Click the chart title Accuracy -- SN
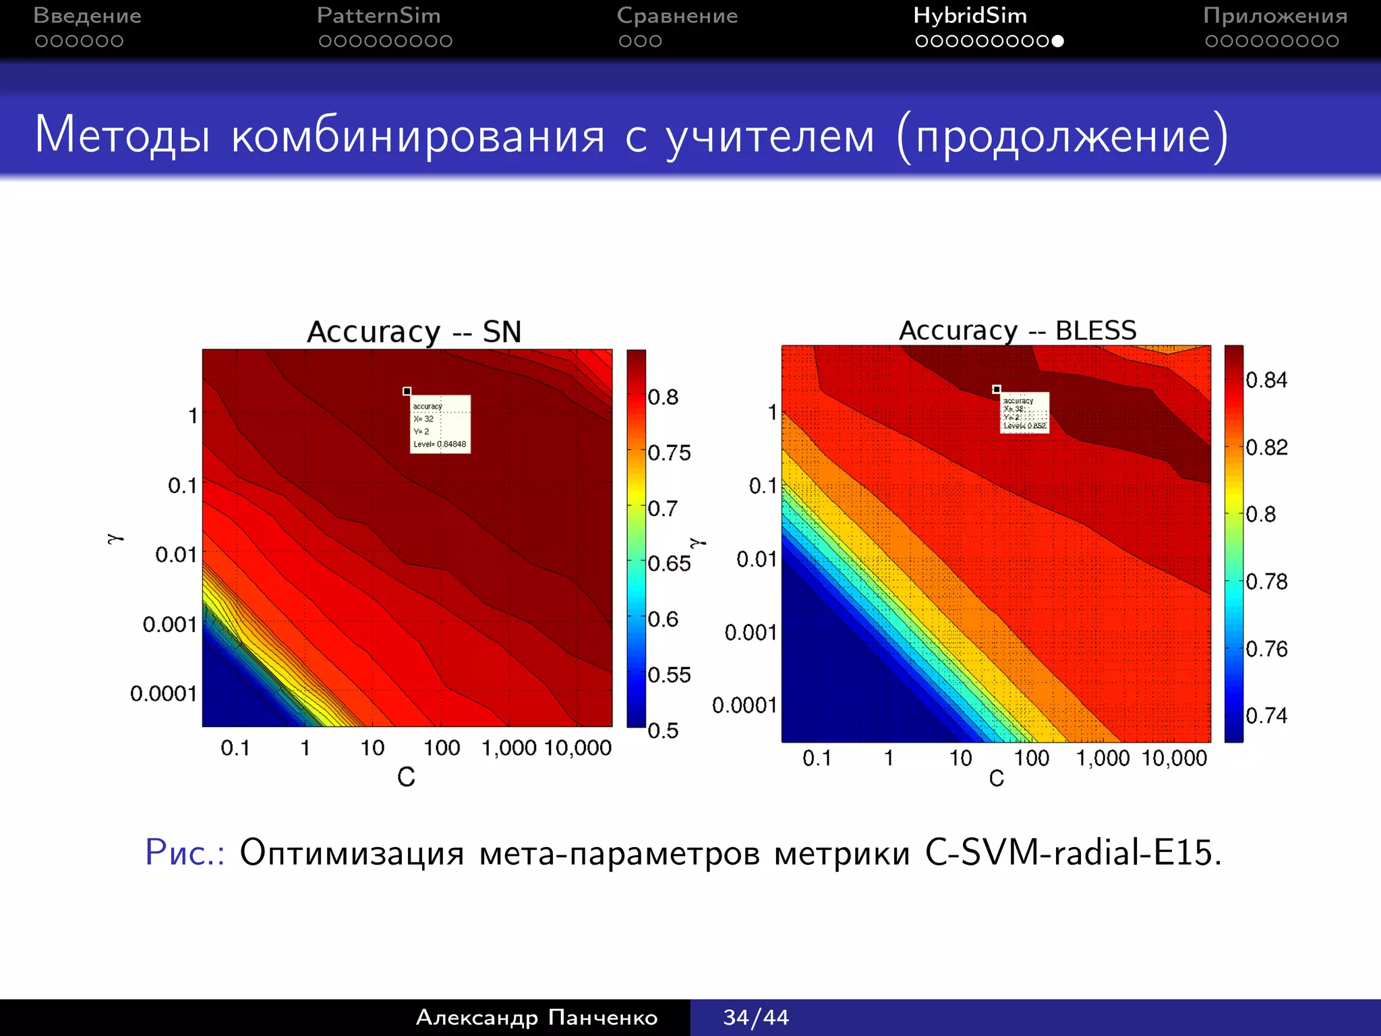[x=414, y=332]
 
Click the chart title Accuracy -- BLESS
[x=1018, y=330]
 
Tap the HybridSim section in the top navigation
[x=970, y=16]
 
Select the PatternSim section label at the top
[x=378, y=16]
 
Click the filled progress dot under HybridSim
[x=1058, y=41]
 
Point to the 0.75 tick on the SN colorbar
[x=668, y=453]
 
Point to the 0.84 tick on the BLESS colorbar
[x=1266, y=380]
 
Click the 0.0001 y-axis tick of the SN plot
[x=163, y=693]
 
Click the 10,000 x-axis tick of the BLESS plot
[x=1174, y=758]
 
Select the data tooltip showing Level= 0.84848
[x=440, y=424]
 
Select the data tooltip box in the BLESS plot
[x=1024, y=413]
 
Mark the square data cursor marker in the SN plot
[x=407, y=391]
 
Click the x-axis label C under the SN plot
[x=406, y=777]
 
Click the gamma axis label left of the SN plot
[x=115, y=538]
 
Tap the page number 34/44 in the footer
[x=756, y=1017]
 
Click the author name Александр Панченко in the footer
[x=537, y=1017]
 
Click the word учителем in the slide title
[x=770, y=136]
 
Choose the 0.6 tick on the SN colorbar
[x=663, y=619]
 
